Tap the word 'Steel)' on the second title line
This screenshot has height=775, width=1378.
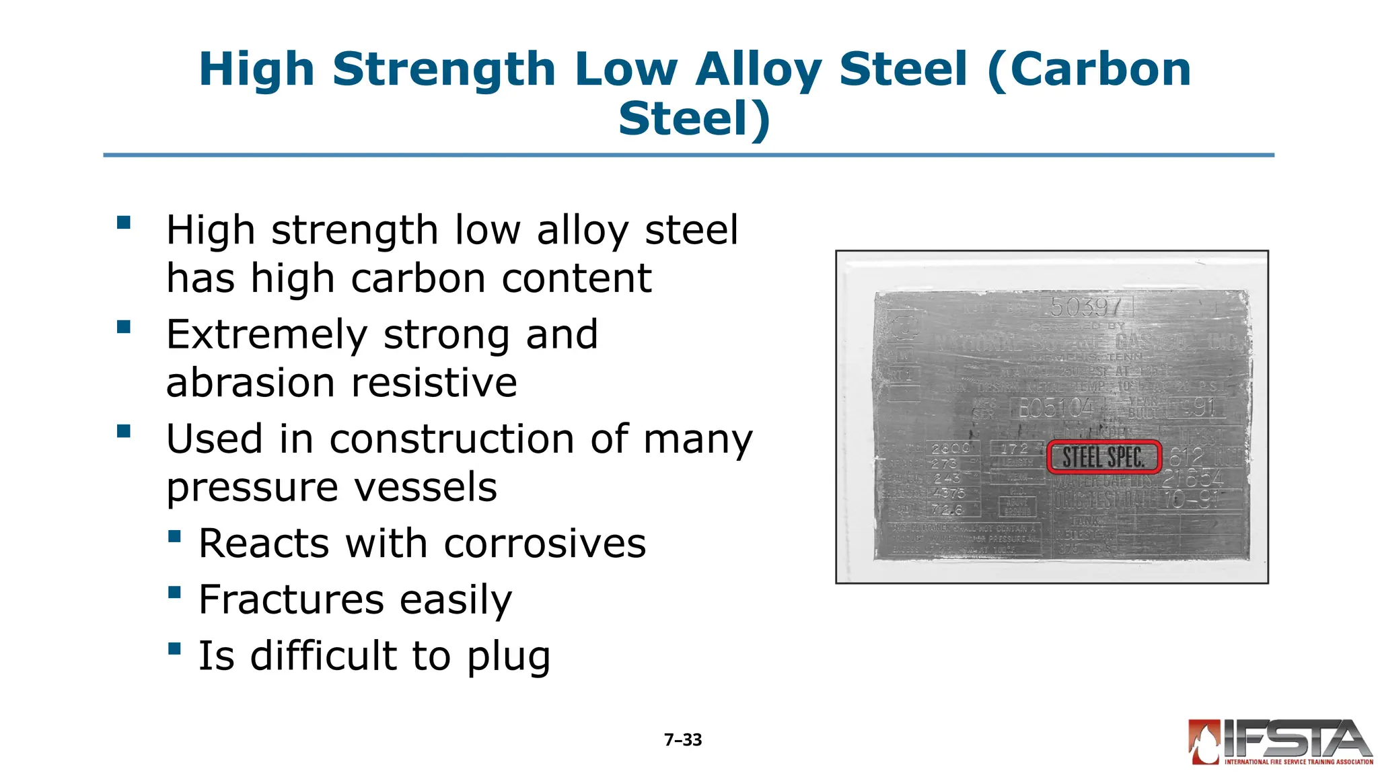(694, 118)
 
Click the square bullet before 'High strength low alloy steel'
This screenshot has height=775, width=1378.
(124, 223)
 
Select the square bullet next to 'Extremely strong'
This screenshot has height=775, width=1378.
(124, 327)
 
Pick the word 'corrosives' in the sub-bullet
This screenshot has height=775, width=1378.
(544, 544)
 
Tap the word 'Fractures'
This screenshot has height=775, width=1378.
(292, 599)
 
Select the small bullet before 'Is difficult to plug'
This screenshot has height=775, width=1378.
(175, 649)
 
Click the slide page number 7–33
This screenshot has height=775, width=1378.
(682, 740)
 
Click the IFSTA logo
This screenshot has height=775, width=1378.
(1280, 742)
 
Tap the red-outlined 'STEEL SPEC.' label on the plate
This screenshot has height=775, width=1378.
(1103, 457)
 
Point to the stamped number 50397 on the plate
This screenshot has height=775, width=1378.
(1085, 307)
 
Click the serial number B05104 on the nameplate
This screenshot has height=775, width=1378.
(1056, 408)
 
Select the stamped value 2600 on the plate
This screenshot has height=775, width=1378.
(951, 448)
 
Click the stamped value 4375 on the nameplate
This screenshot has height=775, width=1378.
(949, 493)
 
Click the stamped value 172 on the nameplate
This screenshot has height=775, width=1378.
(1015, 448)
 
